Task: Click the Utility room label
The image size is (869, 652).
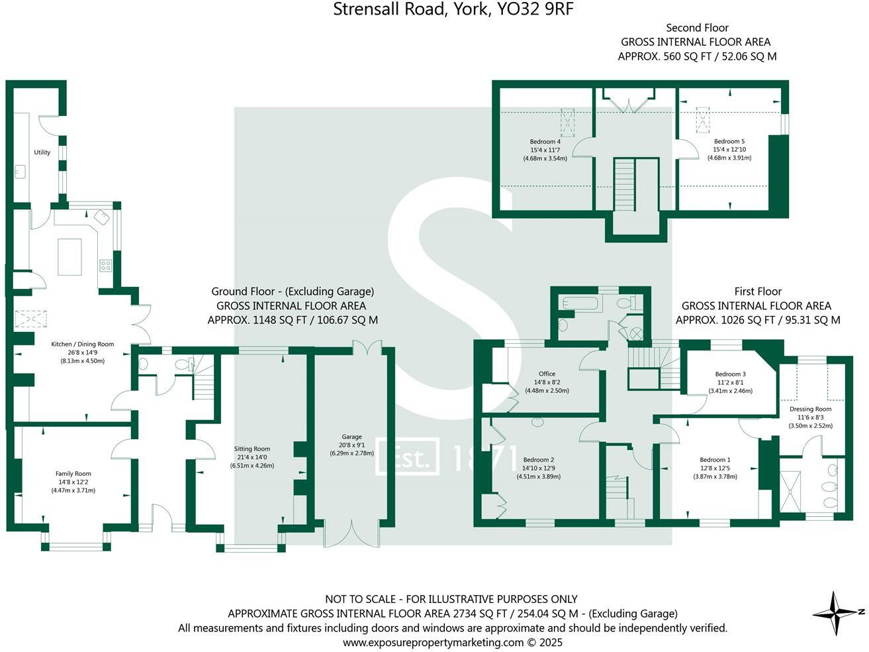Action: coord(42,152)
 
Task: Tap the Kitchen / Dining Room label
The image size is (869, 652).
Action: coord(83,345)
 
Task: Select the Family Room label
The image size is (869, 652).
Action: coord(73,474)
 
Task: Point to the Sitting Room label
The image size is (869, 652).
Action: coord(252,449)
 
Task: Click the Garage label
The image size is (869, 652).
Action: coord(351,437)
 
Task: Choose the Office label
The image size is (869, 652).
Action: coord(547,374)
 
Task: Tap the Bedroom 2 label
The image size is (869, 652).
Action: coord(538,460)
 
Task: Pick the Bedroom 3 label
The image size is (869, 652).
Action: coord(731,374)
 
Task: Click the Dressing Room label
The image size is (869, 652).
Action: coord(810,409)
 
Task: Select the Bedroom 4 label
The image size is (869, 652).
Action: coord(545,142)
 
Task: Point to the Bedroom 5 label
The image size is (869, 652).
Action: coord(729,142)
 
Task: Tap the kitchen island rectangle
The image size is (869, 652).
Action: coord(69,256)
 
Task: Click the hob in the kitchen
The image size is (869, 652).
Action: coord(106,266)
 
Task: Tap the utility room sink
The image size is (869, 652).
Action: coord(19,172)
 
